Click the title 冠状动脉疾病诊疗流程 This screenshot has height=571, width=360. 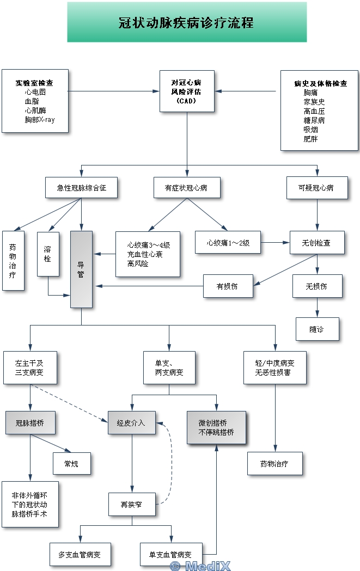(186, 23)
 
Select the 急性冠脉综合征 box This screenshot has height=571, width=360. (81, 188)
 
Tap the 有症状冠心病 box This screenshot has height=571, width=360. (187, 188)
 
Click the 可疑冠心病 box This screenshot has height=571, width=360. (317, 188)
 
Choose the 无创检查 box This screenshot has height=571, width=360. (317, 243)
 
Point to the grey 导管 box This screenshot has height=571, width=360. (81, 269)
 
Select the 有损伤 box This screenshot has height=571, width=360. (228, 286)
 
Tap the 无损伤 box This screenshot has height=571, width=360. (317, 286)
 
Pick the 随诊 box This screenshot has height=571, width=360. (317, 329)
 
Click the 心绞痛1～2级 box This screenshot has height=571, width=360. (228, 243)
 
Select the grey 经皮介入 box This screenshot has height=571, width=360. (131, 423)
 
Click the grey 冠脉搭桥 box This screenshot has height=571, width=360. (30, 423)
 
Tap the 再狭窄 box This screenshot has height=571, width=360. (132, 505)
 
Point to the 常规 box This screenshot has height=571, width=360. (71, 464)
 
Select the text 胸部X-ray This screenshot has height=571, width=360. (39, 120)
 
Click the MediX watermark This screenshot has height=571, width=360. (200, 566)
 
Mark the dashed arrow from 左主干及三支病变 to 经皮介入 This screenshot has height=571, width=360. (68, 403)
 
